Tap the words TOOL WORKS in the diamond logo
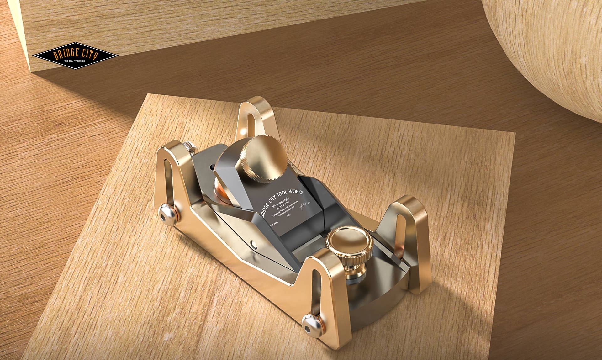pyautogui.click(x=75, y=61)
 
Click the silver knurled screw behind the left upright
pyautogui.click(x=189, y=146)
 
